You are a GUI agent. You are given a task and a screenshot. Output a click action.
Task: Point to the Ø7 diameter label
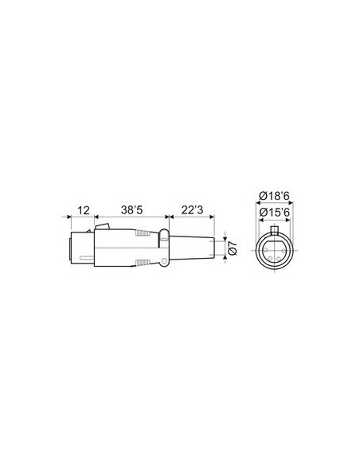[x=233, y=248]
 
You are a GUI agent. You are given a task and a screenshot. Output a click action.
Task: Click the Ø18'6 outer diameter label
[x=274, y=196]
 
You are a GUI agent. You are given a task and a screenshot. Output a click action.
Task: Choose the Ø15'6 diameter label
[x=274, y=211]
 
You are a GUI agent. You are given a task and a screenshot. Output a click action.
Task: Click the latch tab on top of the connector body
[x=99, y=230]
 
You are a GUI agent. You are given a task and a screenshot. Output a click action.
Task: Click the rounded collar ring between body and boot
[x=163, y=248]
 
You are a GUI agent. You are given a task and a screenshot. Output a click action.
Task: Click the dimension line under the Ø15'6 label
[x=274, y=219]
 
